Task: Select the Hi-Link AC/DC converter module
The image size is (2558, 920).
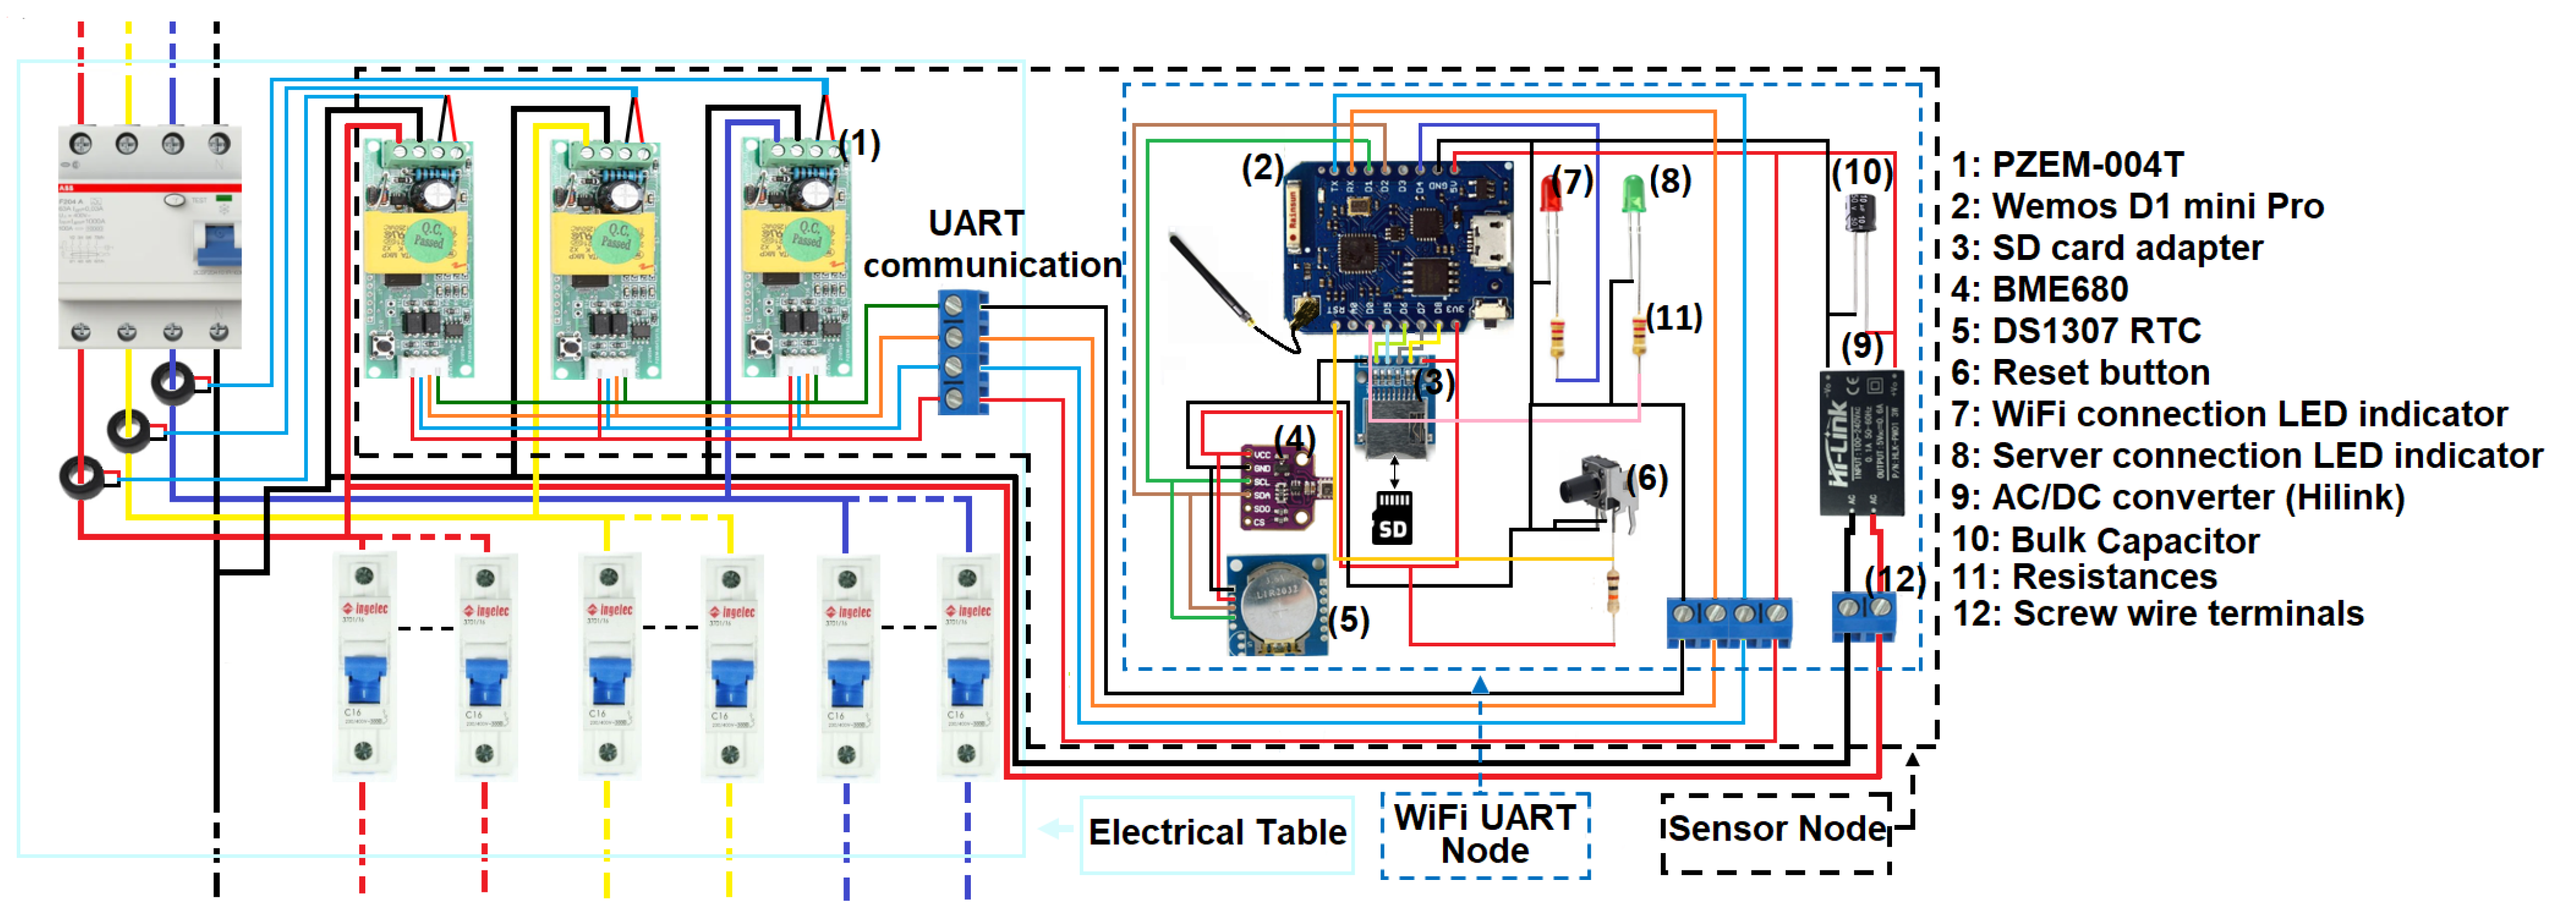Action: click(x=1861, y=441)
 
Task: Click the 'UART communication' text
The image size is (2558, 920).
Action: click(x=991, y=244)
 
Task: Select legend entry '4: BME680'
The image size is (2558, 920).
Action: click(x=2040, y=289)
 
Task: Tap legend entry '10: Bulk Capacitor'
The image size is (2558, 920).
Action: click(x=2105, y=540)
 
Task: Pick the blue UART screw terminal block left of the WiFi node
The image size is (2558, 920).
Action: click(x=962, y=351)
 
